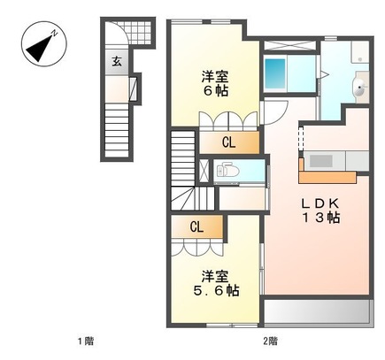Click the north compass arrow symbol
point(40,46)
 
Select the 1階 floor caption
point(84,342)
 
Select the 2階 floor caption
point(270,342)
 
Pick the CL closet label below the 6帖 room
point(227,142)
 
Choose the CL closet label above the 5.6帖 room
point(196,226)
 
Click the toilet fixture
point(225,170)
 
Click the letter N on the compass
point(55,33)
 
